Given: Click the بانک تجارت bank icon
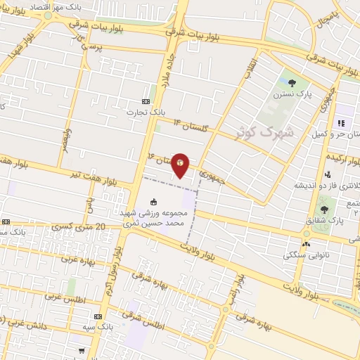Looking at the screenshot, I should (146, 100).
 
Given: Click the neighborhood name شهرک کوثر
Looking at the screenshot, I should (270, 132).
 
